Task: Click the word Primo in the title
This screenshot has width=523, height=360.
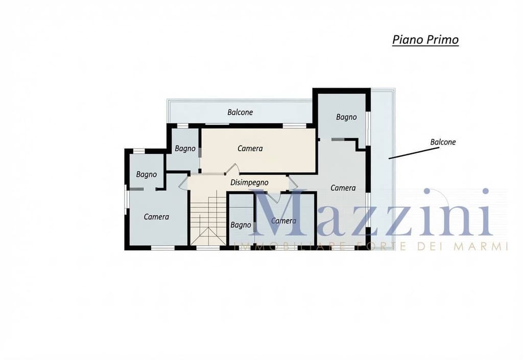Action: click(x=442, y=40)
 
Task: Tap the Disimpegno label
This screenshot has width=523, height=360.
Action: click(x=249, y=183)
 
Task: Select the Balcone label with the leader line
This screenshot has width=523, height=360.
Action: click(x=443, y=142)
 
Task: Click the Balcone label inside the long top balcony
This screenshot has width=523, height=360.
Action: click(x=240, y=112)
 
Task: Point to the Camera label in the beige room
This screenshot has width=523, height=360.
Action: click(x=250, y=149)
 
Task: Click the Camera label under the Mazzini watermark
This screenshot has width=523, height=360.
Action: click(x=283, y=221)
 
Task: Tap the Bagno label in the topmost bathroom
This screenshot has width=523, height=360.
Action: click(x=346, y=117)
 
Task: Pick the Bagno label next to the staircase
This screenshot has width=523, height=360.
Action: click(x=241, y=225)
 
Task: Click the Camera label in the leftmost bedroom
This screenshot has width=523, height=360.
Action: click(x=156, y=217)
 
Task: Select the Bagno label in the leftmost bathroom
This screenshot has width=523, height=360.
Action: click(x=147, y=175)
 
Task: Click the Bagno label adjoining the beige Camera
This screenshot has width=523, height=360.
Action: click(x=185, y=149)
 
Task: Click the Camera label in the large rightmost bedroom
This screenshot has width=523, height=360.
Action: click(x=343, y=188)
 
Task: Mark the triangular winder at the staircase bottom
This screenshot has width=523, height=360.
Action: click(x=208, y=236)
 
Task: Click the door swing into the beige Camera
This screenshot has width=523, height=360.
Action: click(x=232, y=169)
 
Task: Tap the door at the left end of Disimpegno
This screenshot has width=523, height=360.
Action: click(x=184, y=182)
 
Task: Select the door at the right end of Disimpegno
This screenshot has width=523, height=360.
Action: click(x=293, y=182)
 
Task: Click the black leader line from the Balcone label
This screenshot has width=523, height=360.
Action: click(x=414, y=153)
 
